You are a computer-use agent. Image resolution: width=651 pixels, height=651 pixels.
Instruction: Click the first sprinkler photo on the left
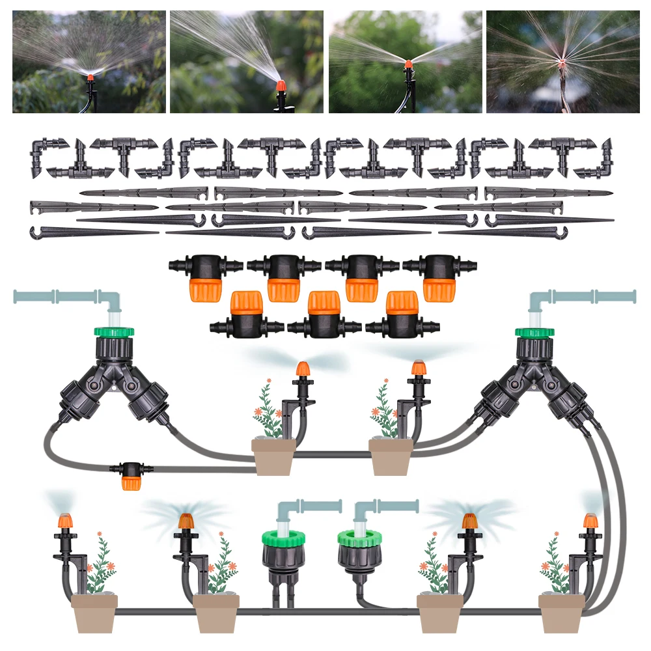point(89,61)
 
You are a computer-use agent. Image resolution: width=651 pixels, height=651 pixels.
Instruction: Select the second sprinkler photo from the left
point(246,61)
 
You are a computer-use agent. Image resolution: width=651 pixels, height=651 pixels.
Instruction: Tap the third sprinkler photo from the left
point(405,61)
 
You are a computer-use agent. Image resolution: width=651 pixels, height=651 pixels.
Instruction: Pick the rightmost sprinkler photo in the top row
point(562,61)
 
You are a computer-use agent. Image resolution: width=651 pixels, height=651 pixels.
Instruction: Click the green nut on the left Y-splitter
point(115,332)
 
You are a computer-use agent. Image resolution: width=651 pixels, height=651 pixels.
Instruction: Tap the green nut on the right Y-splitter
point(534,332)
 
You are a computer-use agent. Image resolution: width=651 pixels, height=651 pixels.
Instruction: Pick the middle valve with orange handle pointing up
point(324,316)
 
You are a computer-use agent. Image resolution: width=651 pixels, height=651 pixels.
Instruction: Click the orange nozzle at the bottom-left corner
point(65,521)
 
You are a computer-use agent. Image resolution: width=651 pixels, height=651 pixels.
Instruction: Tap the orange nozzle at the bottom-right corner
point(590,521)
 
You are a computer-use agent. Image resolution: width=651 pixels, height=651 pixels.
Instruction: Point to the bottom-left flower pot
point(94,612)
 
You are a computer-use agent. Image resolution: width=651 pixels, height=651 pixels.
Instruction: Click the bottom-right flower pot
point(561,612)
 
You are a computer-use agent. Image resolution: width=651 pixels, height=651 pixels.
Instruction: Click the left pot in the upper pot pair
point(273,456)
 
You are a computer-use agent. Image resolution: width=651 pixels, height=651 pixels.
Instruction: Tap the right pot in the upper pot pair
point(391,456)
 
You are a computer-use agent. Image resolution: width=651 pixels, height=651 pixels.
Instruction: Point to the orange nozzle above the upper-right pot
point(418,368)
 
